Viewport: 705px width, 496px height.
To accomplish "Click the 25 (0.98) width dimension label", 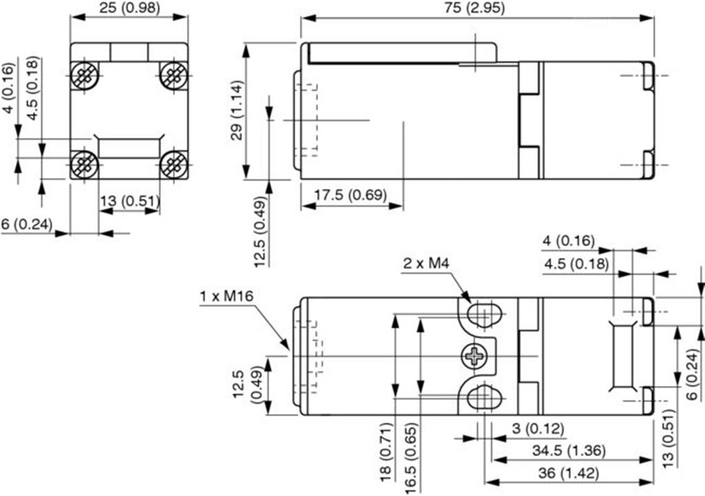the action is tap(129, 8).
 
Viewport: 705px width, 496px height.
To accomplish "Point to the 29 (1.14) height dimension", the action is tap(237, 110).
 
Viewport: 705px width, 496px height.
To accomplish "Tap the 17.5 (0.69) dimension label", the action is tap(350, 195).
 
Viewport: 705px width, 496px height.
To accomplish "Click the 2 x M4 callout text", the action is tap(425, 263).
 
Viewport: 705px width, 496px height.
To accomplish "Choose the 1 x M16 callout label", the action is tap(227, 296).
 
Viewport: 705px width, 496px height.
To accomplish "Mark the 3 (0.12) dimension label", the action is tap(538, 428).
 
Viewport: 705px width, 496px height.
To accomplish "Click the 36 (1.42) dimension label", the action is tap(569, 473).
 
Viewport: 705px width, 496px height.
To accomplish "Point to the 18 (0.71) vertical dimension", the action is tap(387, 451).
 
